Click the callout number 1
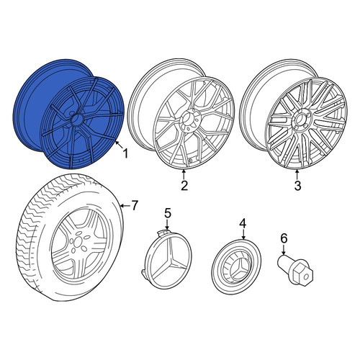pos(125,153)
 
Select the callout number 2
pos(184,185)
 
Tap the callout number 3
pos(297,185)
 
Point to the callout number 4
pos(243,223)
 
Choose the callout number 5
pos(167,213)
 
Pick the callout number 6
pos(284,238)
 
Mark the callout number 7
pos(134,205)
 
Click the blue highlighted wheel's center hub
pos(77,119)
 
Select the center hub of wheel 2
pos(189,120)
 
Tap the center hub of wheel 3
pos(300,119)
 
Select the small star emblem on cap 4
pos(238,269)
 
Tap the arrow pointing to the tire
pos(125,206)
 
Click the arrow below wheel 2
pos(184,174)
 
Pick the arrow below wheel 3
pos(297,174)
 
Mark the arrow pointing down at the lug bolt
pos(284,250)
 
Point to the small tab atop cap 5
pos(162,232)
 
